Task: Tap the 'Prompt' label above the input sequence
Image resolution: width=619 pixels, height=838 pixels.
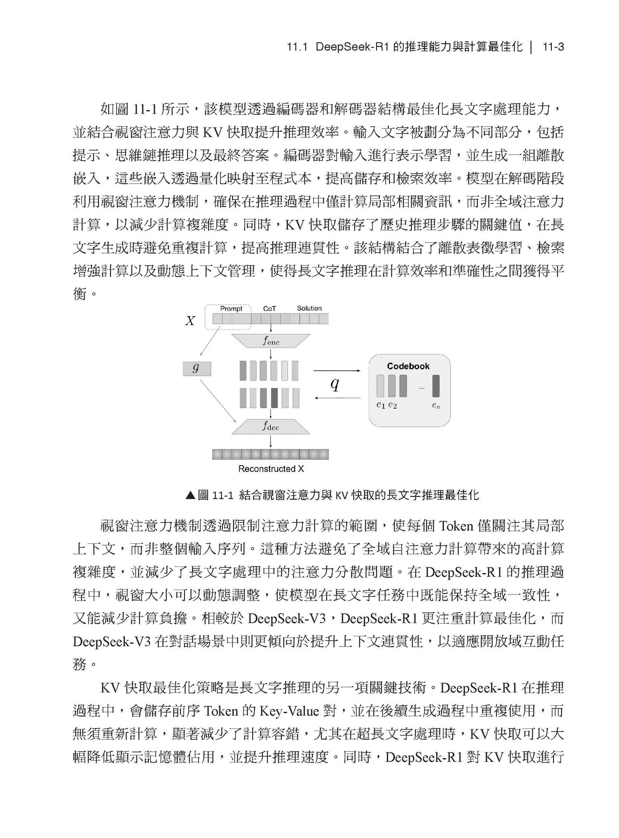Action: pos(231,309)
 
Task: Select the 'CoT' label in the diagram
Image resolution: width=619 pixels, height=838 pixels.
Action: pos(270,309)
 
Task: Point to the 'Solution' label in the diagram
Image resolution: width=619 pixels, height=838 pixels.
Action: pos(309,308)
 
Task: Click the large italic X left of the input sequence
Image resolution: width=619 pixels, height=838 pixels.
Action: pos(190,321)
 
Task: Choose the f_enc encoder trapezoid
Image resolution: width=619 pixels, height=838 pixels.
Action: pos(271,341)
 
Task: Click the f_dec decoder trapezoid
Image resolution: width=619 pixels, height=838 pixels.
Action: pos(271,426)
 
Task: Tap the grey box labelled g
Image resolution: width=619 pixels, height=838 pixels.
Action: pos(196,369)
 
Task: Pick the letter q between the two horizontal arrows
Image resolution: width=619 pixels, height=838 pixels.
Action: pos(335,384)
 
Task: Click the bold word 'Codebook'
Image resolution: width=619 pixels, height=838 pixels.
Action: pos(408,366)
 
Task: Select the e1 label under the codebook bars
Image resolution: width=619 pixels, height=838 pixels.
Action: pos(381,405)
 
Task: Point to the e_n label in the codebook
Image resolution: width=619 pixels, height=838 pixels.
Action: pos(436,405)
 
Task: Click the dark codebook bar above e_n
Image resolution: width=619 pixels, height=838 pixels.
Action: pos(436,386)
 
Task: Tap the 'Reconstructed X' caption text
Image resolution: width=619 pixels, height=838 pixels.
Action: pos(271,469)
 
